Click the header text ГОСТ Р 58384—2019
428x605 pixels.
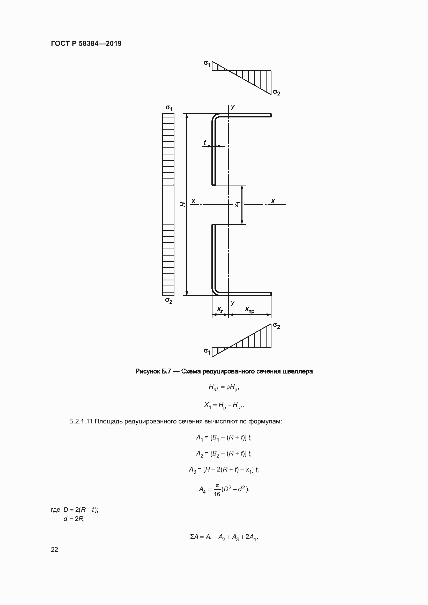point(86,43)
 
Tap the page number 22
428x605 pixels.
point(54,549)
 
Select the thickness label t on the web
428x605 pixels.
point(205,142)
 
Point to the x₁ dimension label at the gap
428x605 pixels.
point(237,204)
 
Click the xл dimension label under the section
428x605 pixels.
point(220,309)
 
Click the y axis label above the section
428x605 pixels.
point(232,107)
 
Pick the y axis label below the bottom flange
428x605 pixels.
point(232,303)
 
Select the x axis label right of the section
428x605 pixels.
point(273,201)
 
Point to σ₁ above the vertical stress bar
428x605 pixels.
point(169,108)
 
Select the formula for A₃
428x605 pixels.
point(224,469)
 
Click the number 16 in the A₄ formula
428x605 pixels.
point(217,494)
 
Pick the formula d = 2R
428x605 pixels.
point(74,519)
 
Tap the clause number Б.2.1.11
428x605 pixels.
point(81,421)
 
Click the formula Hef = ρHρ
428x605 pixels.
point(224,387)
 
